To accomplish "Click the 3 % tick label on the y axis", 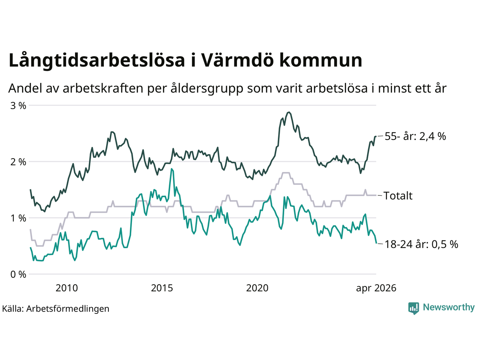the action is [18, 106].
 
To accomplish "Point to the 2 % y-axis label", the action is [18, 162].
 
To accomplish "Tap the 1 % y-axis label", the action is [18, 218].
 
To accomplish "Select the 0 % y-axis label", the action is [18, 274].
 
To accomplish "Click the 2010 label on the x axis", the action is [67, 288].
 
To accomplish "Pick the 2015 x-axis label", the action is [162, 288].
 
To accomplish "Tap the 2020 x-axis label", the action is [257, 288].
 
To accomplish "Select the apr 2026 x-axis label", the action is [376, 288].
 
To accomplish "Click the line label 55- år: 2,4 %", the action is [415, 136].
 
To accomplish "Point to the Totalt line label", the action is [398, 196].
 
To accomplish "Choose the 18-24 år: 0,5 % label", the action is [421, 244].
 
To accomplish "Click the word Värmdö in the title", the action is [237, 60].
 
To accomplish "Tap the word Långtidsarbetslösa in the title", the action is [97, 61].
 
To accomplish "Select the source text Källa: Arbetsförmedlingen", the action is [56, 309].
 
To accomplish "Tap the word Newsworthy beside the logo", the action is [449, 307].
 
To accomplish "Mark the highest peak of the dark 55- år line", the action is [289, 112].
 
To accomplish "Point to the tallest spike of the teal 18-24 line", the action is [172, 169].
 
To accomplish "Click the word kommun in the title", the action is [321, 60].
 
